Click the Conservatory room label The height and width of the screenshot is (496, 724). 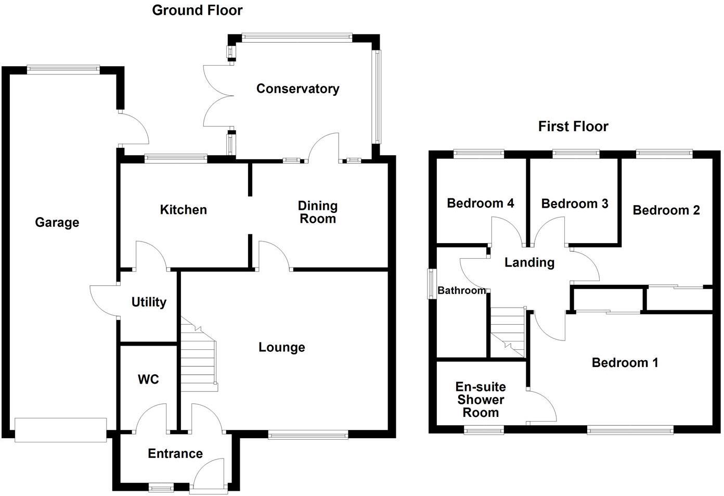pyautogui.click(x=298, y=89)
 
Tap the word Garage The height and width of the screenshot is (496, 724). pyautogui.click(x=57, y=223)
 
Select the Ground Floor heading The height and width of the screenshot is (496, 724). pyautogui.click(x=197, y=10)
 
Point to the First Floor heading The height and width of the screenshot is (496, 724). pyautogui.click(x=573, y=126)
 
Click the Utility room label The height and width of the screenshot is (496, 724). pyautogui.click(x=149, y=302)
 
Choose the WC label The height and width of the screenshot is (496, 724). pyautogui.click(x=148, y=379)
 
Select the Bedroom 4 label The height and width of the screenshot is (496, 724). pyautogui.click(x=480, y=204)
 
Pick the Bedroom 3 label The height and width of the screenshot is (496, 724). pyautogui.click(x=574, y=204)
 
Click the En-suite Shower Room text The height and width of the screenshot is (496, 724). pyautogui.click(x=480, y=400)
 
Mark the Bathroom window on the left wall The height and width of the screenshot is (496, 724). pyautogui.click(x=431, y=284)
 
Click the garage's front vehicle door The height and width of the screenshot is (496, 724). pyautogui.click(x=60, y=430)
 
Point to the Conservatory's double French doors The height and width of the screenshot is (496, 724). pyautogui.click(x=217, y=96)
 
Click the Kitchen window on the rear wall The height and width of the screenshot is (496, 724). pyautogui.click(x=175, y=158)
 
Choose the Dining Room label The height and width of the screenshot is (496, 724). pyautogui.click(x=317, y=212)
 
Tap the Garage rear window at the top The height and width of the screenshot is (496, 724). pyautogui.click(x=63, y=69)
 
